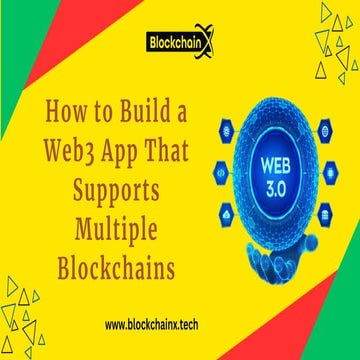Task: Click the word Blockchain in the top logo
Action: click(172, 46)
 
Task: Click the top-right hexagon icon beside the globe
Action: click(323, 129)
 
